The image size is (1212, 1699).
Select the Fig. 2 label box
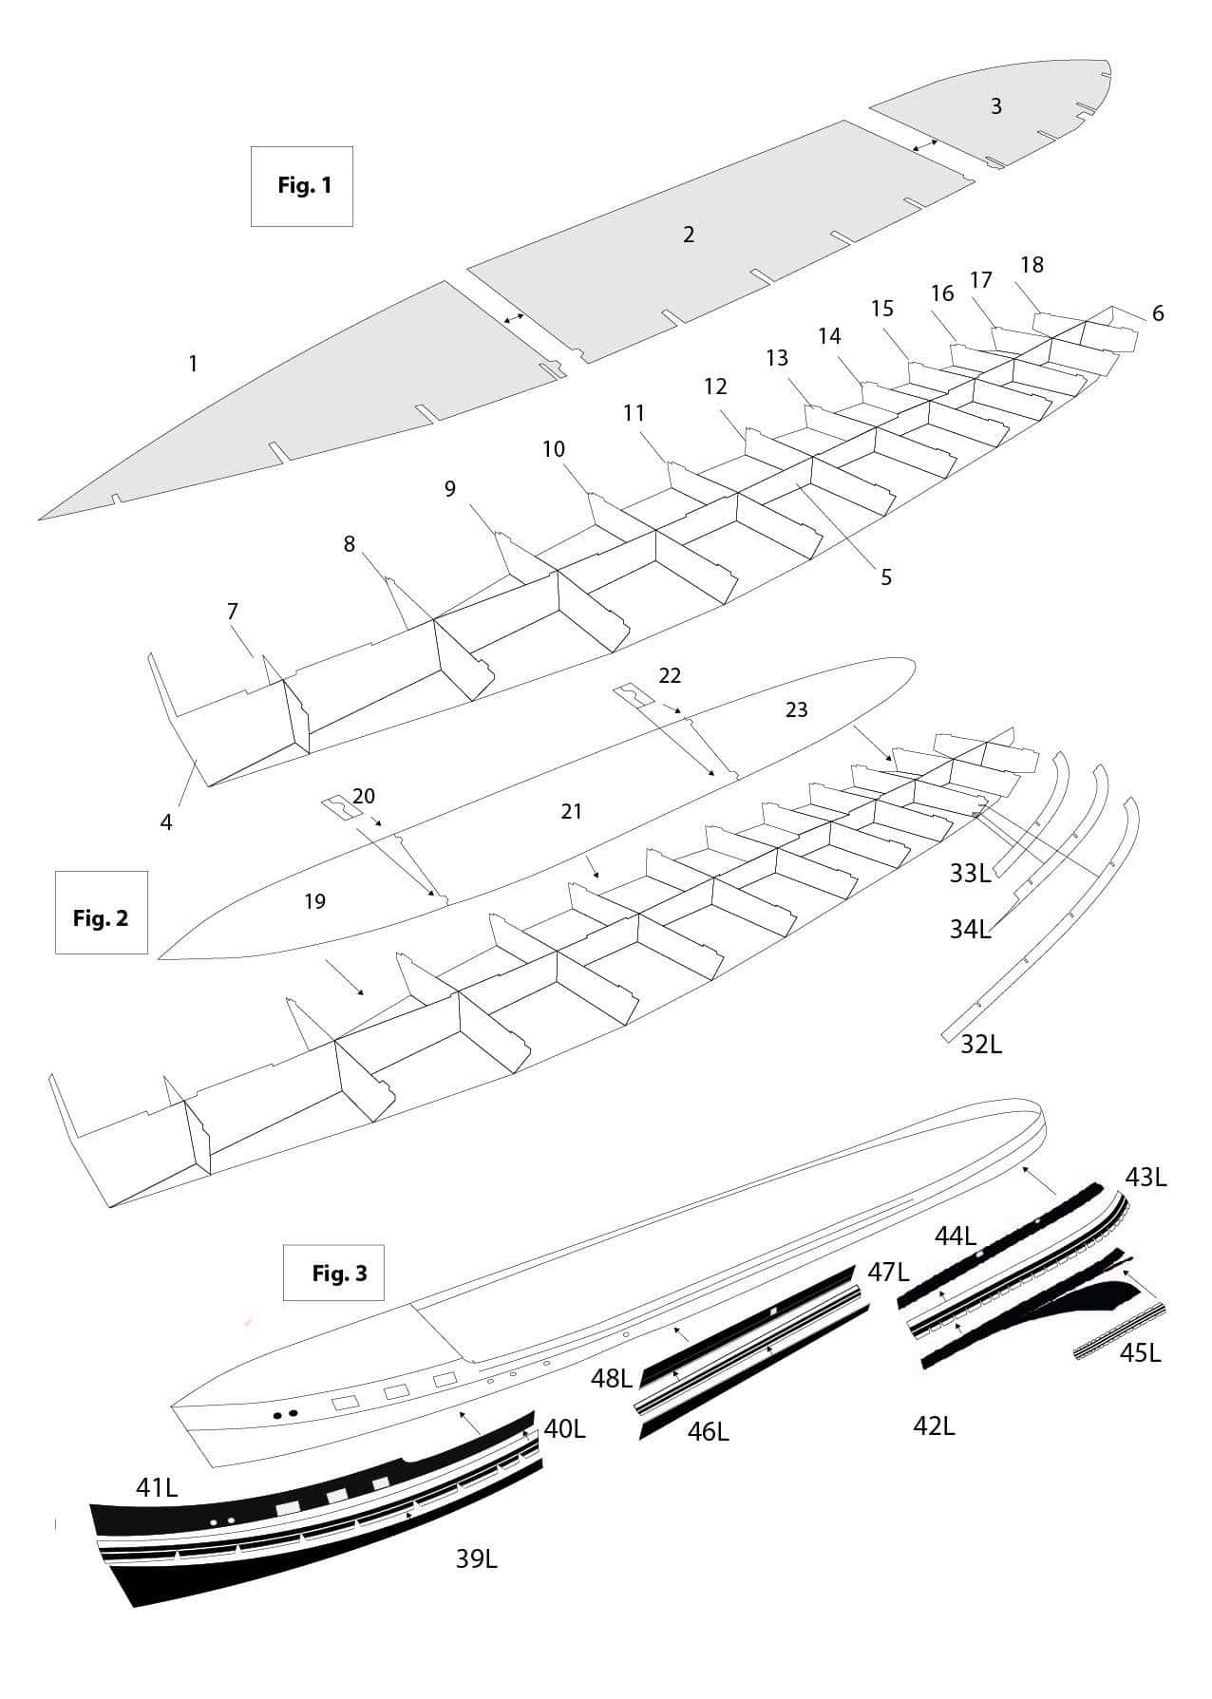tap(101, 913)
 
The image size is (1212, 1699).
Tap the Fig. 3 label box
tap(338, 1273)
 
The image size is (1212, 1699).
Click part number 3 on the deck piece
tap(995, 106)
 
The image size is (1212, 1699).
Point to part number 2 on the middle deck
tap(689, 235)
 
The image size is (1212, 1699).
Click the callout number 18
tap(1032, 265)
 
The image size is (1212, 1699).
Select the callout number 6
tap(1157, 313)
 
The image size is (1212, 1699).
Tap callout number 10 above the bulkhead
tap(554, 448)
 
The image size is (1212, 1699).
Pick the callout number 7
tap(233, 612)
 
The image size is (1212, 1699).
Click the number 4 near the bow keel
tap(166, 822)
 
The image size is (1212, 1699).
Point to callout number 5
tap(885, 577)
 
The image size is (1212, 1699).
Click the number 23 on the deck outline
tap(796, 709)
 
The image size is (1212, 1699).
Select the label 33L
tap(970, 874)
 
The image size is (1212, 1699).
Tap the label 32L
tap(981, 1045)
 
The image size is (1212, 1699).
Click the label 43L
tap(1146, 1178)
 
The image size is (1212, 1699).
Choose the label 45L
tap(1140, 1353)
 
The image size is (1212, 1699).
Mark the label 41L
tap(157, 1488)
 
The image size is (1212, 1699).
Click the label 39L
tap(477, 1558)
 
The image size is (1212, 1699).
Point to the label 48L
tap(612, 1378)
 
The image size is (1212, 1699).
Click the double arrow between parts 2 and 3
tap(924, 145)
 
